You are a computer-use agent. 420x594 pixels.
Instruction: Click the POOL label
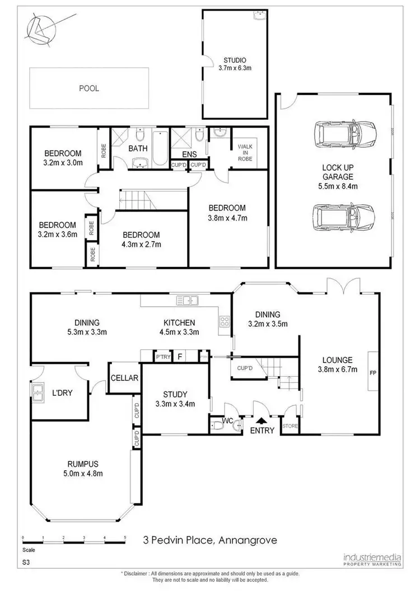(89, 88)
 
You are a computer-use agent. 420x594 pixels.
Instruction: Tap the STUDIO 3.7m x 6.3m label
(235, 64)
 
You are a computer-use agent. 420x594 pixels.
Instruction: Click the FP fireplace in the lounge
(373, 371)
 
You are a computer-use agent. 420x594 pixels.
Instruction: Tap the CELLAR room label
(124, 378)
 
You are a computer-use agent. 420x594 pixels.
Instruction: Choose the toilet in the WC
(218, 426)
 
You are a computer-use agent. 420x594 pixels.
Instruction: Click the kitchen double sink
(188, 302)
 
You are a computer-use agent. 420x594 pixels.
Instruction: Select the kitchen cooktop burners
(225, 321)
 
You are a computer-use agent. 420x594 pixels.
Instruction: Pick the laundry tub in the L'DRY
(39, 394)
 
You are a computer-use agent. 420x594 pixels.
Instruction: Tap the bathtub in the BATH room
(160, 148)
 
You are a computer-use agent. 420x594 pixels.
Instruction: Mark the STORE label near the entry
(290, 426)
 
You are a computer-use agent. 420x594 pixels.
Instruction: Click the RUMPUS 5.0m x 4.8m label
(83, 468)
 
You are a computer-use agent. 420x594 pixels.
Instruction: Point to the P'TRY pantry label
(163, 357)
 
